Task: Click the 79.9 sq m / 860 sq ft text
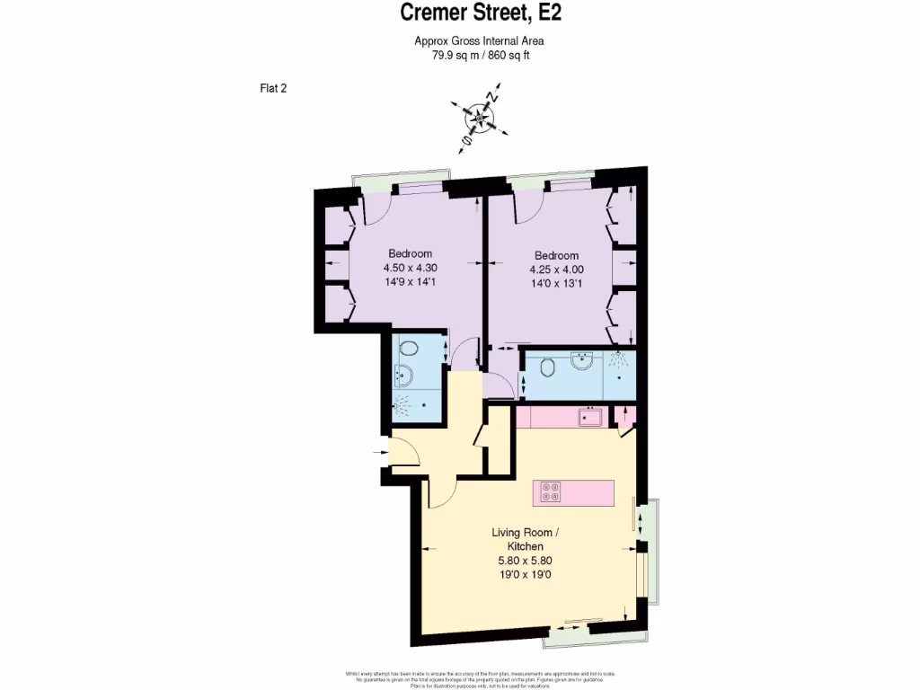[478, 55]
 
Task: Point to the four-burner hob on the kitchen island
[549, 491]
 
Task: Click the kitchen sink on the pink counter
[590, 417]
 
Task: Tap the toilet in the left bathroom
[409, 349]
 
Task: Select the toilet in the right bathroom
[547, 367]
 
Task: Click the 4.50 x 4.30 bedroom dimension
[410, 268]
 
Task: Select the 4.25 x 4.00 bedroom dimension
[556, 270]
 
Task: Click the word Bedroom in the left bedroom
[410, 253]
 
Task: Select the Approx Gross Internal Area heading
[478, 40]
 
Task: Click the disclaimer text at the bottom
[478, 679]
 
